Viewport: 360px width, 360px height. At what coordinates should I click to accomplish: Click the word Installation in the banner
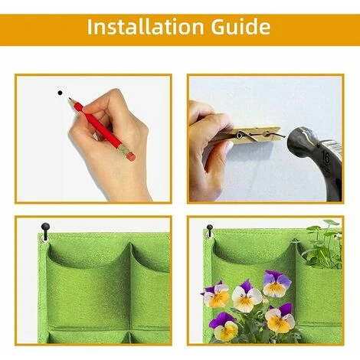(146, 27)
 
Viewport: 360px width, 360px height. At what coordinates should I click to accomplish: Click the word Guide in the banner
(241, 27)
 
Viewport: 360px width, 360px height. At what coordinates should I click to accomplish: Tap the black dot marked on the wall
(61, 93)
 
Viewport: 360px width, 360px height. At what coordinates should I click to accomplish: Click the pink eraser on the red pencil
(131, 157)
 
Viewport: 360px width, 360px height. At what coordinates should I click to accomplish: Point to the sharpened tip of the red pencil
(69, 98)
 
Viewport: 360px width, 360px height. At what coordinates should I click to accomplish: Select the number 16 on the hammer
(326, 158)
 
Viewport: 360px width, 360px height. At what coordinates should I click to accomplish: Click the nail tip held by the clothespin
(284, 136)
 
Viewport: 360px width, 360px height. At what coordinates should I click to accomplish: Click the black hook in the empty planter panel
(45, 228)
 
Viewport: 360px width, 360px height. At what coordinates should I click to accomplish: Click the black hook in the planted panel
(210, 229)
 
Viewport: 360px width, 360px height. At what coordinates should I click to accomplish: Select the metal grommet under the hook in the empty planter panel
(44, 239)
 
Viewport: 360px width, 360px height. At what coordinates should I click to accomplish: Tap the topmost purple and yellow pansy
(277, 283)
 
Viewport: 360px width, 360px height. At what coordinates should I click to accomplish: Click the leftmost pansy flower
(215, 293)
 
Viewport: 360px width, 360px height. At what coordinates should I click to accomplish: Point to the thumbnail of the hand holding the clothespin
(229, 146)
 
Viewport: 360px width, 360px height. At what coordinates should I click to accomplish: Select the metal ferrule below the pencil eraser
(124, 149)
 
